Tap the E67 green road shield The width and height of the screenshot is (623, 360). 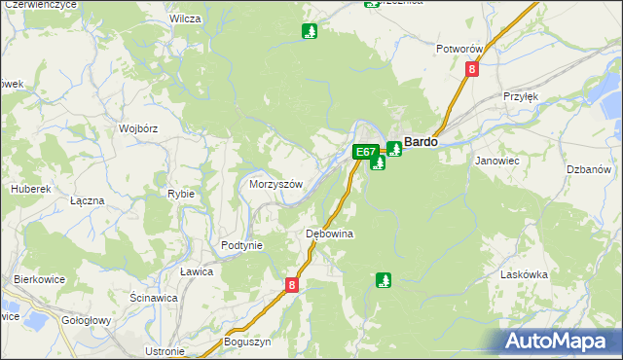pos(365,152)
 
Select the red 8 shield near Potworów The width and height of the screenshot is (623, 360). pos(472,69)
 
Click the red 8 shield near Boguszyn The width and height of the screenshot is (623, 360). pos(292,285)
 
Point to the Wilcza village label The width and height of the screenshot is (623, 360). pos(185,18)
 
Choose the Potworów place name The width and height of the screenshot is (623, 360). pos(460,48)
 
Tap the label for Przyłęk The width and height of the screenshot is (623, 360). pos(521,96)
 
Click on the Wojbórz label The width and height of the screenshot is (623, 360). pos(138,127)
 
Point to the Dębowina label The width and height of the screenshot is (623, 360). pos(329,234)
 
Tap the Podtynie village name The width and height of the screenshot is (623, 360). pos(241,245)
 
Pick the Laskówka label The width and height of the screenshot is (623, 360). pos(526,275)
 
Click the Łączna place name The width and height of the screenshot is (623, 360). pos(88,199)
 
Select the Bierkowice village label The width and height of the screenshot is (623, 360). pos(39,279)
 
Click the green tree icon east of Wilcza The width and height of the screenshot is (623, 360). pos(310,31)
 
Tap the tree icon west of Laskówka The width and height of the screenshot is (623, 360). pos(384,280)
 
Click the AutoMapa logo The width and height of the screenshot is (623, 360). pos(560,341)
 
